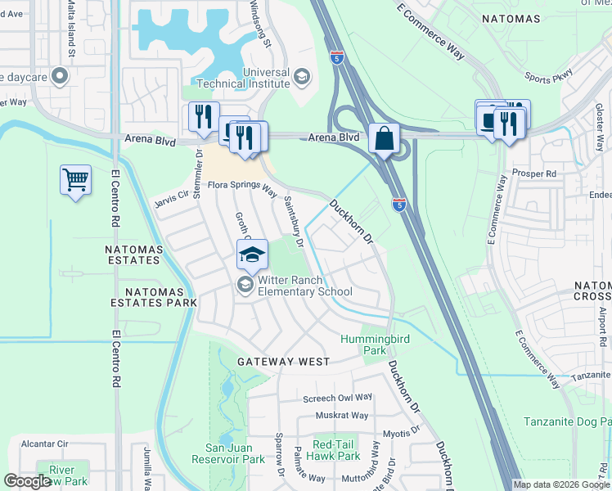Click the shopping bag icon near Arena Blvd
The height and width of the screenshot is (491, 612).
point(384,138)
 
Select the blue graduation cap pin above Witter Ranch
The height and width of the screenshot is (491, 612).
point(253,255)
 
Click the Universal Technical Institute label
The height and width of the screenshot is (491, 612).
point(267,78)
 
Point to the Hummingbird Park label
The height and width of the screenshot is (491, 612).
point(374,344)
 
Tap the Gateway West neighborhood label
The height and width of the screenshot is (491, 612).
point(283,361)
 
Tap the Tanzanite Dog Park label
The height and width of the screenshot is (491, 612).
point(567,422)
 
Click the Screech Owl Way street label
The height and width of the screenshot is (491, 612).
point(337,398)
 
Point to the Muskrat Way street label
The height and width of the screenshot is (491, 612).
point(343,416)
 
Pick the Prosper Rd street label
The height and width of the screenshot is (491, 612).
point(533,173)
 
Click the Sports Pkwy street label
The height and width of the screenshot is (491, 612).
point(548,79)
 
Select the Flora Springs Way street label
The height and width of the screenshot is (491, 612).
point(241,187)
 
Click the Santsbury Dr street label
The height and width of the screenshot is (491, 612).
point(294,222)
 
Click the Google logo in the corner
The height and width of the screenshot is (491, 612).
point(27,481)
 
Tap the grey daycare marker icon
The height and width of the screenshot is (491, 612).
point(59,77)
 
